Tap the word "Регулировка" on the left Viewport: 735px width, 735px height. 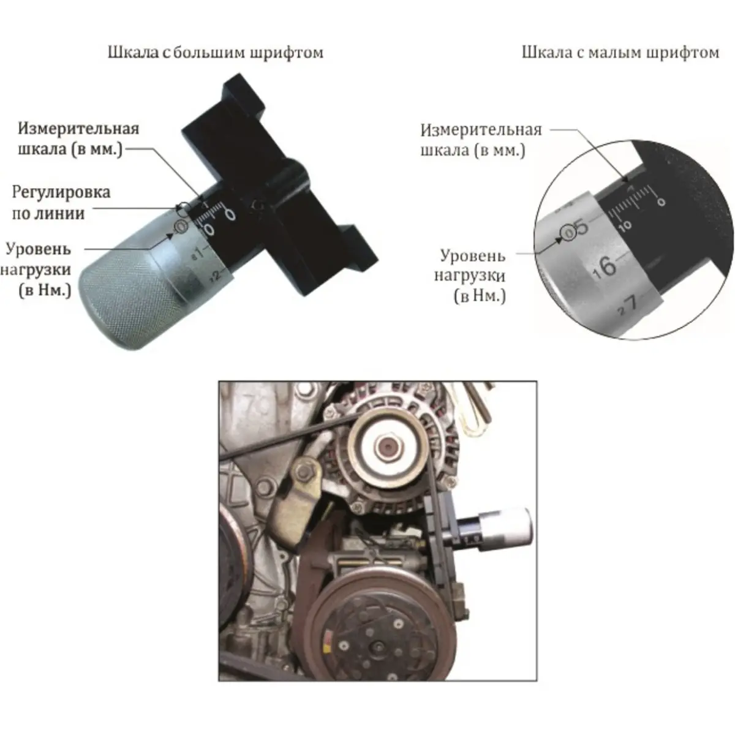[61, 192]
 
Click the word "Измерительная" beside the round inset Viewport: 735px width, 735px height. [481, 130]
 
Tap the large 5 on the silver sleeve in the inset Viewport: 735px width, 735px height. [582, 227]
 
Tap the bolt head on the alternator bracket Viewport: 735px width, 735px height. [303, 472]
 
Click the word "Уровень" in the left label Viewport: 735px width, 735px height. [39, 249]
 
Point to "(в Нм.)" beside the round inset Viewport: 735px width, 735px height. [480, 296]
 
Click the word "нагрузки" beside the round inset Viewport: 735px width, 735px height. [470, 276]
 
